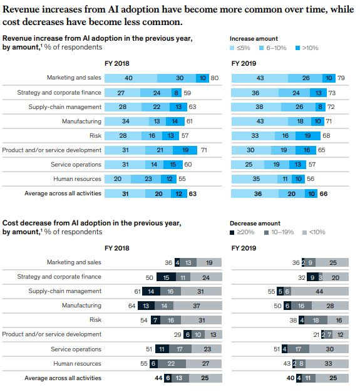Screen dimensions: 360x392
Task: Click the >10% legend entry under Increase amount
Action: (x=307, y=48)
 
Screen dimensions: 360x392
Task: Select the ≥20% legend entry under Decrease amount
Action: (x=242, y=232)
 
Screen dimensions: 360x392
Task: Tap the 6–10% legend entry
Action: (x=273, y=48)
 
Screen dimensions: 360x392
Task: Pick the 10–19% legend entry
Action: (x=279, y=232)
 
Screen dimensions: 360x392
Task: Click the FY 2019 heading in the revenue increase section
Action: (x=244, y=63)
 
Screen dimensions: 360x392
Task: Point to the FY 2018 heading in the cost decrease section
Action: (x=116, y=248)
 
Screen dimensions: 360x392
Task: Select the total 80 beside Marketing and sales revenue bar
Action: (x=215, y=78)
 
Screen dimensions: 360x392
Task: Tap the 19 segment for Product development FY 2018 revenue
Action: (x=185, y=150)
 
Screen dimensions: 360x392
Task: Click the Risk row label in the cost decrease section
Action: (x=95, y=320)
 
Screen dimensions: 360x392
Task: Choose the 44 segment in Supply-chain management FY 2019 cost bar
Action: (x=320, y=292)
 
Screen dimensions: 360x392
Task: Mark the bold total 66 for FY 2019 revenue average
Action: (x=324, y=193)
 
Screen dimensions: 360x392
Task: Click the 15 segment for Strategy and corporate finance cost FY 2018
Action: (x=167, y=277)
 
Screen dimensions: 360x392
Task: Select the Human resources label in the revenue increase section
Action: (x=77, y=179)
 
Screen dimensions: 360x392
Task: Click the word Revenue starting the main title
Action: (x=21, y=9)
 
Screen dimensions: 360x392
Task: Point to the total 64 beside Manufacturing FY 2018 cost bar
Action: (x=131, y=306)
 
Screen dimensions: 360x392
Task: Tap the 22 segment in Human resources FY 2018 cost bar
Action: (x=172, y=363)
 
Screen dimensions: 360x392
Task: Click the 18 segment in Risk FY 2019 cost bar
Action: (x=316, y=320)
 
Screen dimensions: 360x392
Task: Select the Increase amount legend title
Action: (x=254, y=39)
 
